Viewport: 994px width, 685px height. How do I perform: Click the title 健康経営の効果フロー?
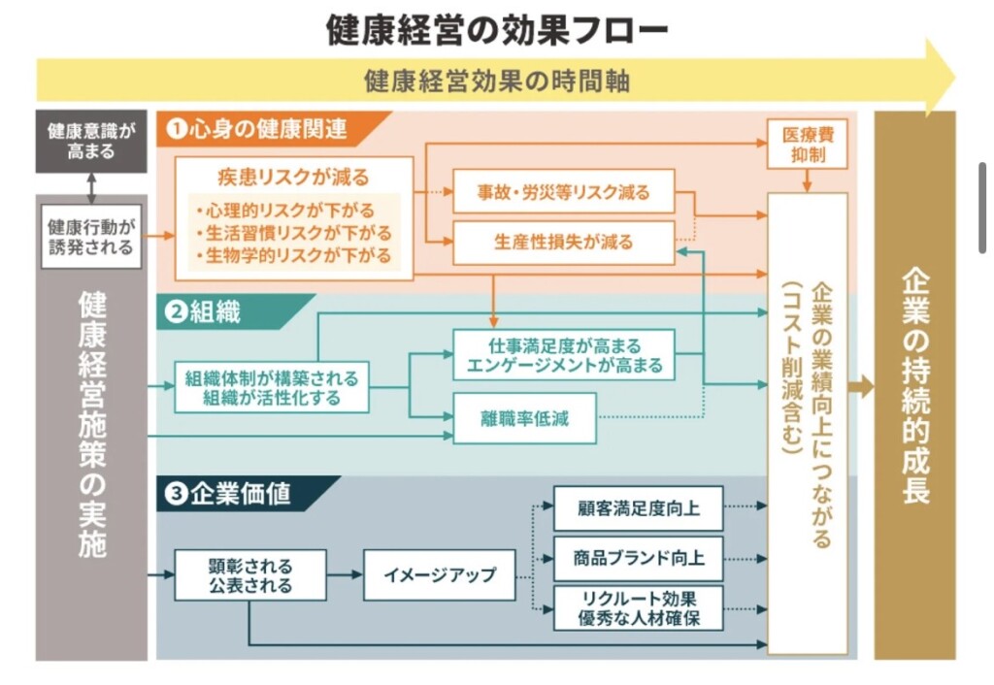tap(497, 30)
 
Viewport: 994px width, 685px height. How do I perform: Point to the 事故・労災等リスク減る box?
tap(564, 192)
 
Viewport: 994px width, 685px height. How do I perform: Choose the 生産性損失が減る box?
tap(564, 242)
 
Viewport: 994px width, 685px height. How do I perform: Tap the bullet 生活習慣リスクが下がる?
tap(293, 233)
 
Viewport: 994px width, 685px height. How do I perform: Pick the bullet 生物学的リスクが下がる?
tap(293, 256)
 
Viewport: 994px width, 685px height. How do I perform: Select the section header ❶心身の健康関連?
tap(258, 128)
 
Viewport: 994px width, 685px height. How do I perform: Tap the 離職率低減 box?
tap(524, 419)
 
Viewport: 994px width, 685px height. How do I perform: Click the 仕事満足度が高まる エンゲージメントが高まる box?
tap(564, 355)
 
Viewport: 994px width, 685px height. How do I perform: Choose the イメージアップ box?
tap(440, 574)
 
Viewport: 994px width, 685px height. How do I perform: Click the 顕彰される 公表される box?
tap(249, 574)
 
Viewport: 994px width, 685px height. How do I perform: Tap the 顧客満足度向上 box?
tap(638, 507)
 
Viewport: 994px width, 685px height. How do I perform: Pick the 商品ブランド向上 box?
tap(638, 559)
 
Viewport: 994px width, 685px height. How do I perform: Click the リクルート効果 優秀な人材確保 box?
tap(638, 608)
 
